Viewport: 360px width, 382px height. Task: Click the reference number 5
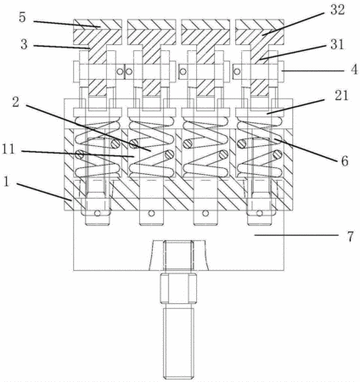point(22,18)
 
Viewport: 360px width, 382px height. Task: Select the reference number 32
point(336,10)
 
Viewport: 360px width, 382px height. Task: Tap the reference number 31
point(336,44)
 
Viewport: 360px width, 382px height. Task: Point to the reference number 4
point(354,70)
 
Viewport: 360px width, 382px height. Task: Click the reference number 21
point(341,96)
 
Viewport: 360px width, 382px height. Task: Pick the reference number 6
point(344,161)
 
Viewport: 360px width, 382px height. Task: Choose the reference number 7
point(350,236)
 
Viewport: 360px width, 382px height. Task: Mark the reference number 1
point(7,183)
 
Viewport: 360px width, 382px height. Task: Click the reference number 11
point(8,149)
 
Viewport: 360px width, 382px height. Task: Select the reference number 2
point(15,102)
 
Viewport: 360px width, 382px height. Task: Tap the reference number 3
point(24,44)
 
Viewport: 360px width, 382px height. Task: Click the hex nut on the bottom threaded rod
point(178,289)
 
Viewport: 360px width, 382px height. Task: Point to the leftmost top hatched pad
point(98,32)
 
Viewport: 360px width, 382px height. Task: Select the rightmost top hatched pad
point(260,32)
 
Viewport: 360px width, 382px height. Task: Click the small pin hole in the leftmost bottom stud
point(98,213)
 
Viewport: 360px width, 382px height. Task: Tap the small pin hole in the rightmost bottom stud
point(260,213)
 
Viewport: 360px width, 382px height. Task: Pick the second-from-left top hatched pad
point(152,32)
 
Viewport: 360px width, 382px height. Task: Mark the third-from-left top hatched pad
point(205,32)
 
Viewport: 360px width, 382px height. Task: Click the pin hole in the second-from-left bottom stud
point(152,213)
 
